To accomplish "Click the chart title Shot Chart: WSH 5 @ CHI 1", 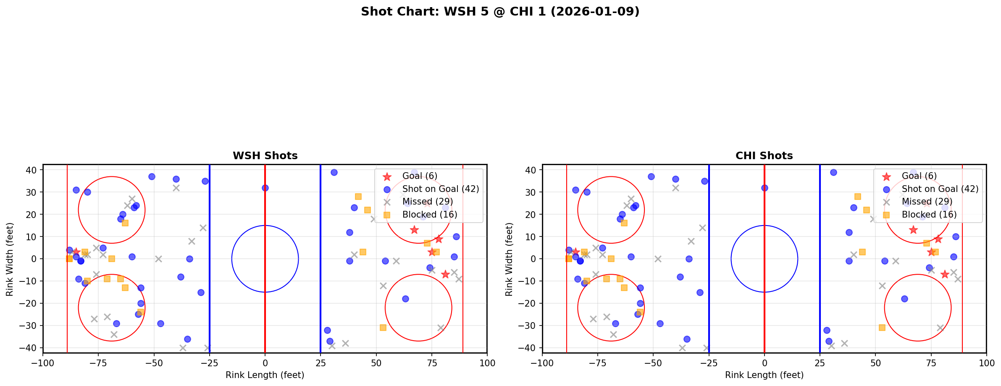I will [x=500, y=11].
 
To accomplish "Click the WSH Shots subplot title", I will [x=265, y=156].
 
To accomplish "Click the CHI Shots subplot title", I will [x=764, y=156].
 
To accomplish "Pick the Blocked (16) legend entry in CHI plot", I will [x=929, y=215].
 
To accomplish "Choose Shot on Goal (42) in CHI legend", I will [x=940, y=189].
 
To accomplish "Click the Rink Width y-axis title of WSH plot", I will [x=10, y=259].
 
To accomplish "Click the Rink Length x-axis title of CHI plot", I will [x=764, y=375].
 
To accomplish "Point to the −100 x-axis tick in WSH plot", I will [x=43, y=363].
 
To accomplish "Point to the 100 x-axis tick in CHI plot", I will [x=986, y=363].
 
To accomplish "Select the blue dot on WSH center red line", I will [x=265, y=188].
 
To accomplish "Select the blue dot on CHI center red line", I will [x=765, y=188].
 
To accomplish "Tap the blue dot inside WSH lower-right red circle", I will [x=405, y=299].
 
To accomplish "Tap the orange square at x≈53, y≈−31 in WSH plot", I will [x=383, y=328].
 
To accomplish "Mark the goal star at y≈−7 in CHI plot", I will [x=945, y=274].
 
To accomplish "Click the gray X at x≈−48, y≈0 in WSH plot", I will [x=158, y=259].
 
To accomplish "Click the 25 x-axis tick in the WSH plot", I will [x=321, y=363].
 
